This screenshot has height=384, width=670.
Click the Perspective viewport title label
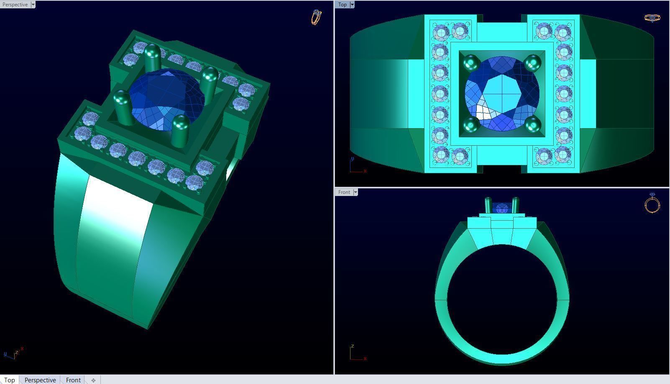[x=15, y=5]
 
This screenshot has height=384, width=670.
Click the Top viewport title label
[x=343, y=5]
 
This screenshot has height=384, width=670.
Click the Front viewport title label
[x=344, y=192]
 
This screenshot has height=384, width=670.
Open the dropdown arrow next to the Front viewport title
[x=355, y=192]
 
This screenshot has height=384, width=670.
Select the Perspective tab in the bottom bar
[x=40, y=380]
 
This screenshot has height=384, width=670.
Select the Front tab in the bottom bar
[x=73, y=380]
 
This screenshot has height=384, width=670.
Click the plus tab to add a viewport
[x=93, y=380]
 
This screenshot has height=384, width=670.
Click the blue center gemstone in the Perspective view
[x=167, y=98]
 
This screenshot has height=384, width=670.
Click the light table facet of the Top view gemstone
[x=502, y=93]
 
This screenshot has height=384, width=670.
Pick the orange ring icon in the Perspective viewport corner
[x=317, y=17]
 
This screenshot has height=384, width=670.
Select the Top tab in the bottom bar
[x=9, y=380]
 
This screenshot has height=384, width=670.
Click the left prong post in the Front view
[x=488, y=205]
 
